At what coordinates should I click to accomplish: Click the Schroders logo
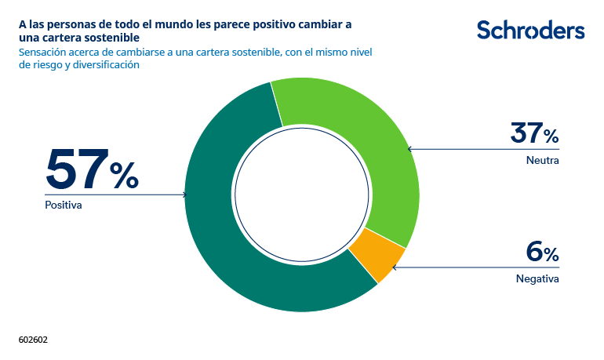(x=530, y=30)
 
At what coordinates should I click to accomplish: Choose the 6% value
(x=542, y=252)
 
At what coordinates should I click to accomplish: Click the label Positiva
(x=64, y=205)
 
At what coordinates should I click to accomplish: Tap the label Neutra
(x=543, y=160)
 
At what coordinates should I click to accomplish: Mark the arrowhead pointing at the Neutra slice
(x=409, y=148)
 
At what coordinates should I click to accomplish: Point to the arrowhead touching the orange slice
(x=394, y=267)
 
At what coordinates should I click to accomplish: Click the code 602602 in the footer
(x=34, y=340)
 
